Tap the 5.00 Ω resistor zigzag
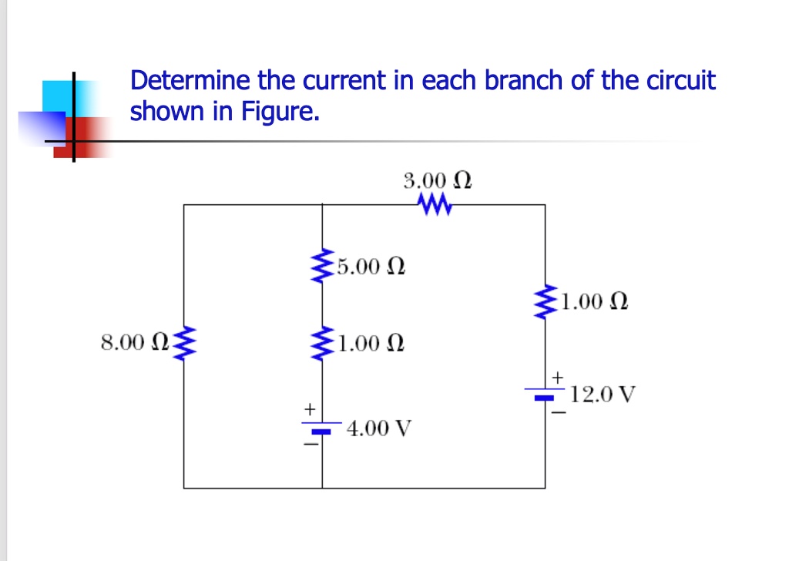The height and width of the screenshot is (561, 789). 321,267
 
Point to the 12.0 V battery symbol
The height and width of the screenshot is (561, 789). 546,395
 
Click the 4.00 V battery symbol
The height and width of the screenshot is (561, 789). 322,428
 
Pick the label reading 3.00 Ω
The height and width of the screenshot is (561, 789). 437,181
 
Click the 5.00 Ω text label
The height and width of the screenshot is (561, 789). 371,267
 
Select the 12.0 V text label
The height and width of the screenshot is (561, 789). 604,396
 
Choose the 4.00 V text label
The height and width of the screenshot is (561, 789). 379,427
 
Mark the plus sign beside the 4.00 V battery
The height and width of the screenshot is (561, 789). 310,408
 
